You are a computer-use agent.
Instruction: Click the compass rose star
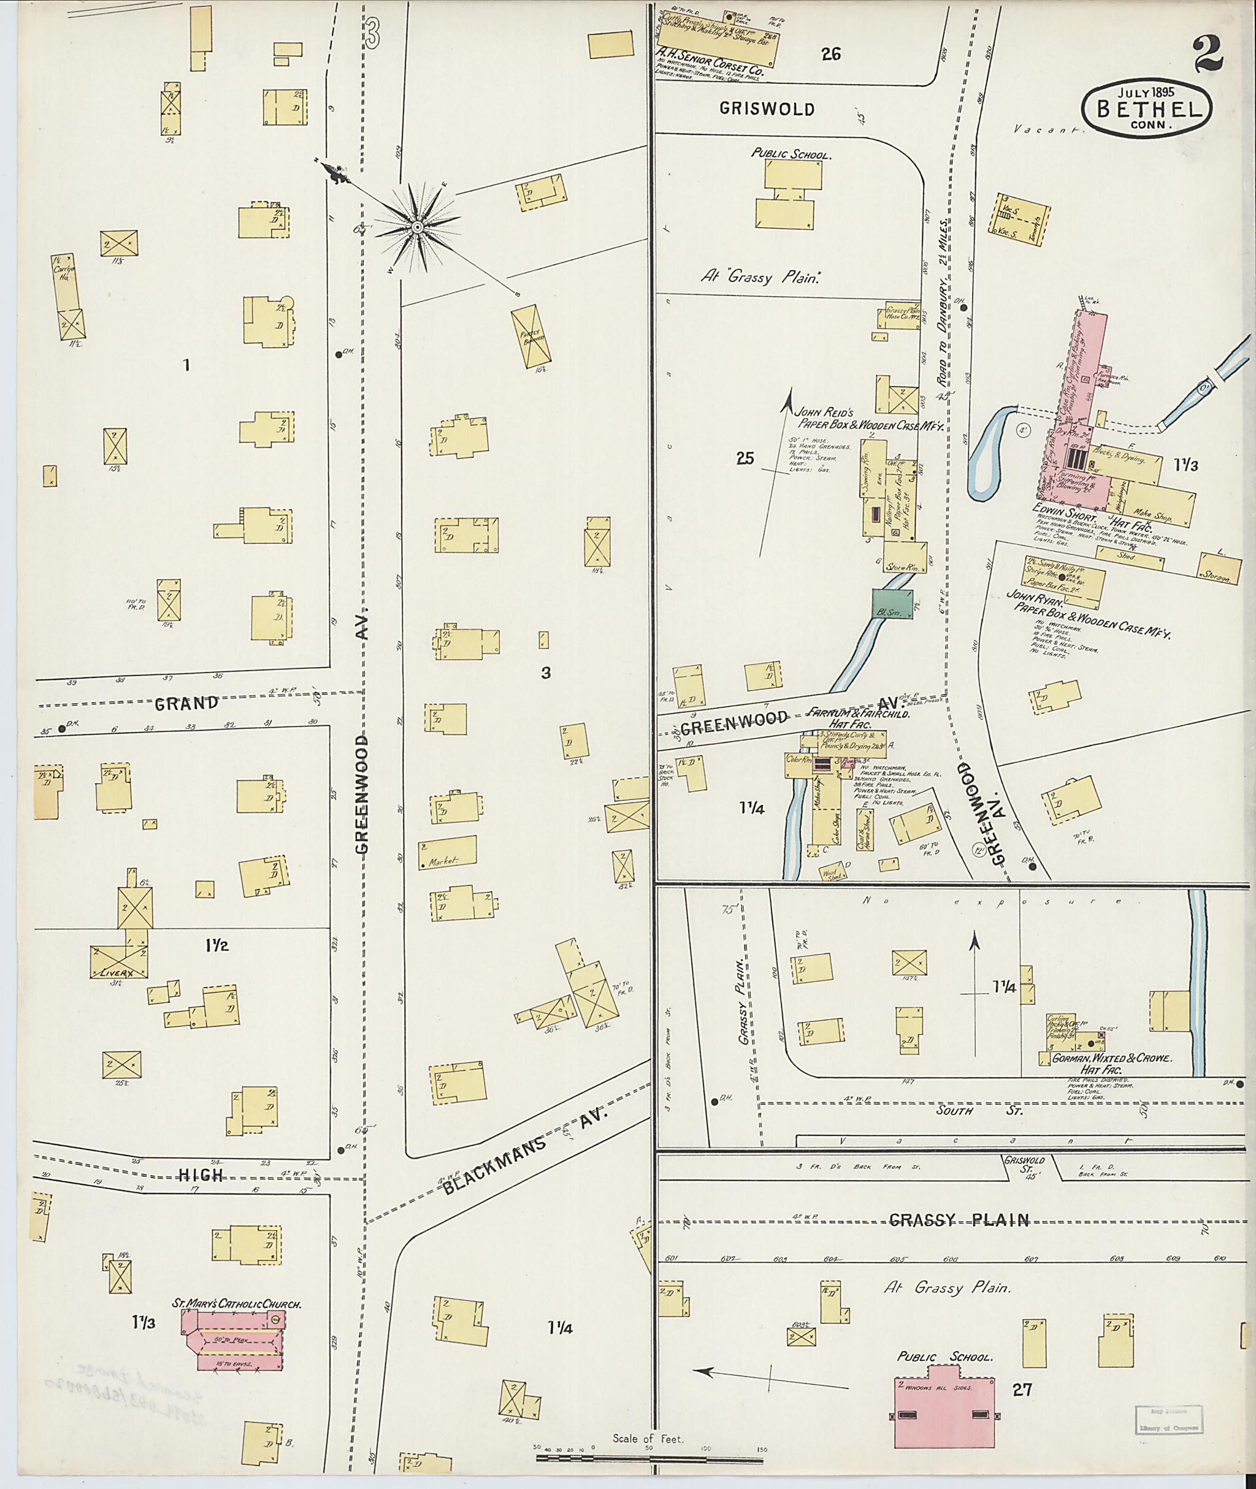click(417, 227)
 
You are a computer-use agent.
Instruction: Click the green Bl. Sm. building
click(892, 604)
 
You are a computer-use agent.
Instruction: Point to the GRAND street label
click(186, 704)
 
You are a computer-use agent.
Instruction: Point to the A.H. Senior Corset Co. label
click(710, 62)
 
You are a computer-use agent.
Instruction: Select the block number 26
click(831, 53)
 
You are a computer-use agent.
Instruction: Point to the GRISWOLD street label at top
click(766, 109)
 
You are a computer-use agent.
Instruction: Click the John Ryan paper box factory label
click(1087, 618)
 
